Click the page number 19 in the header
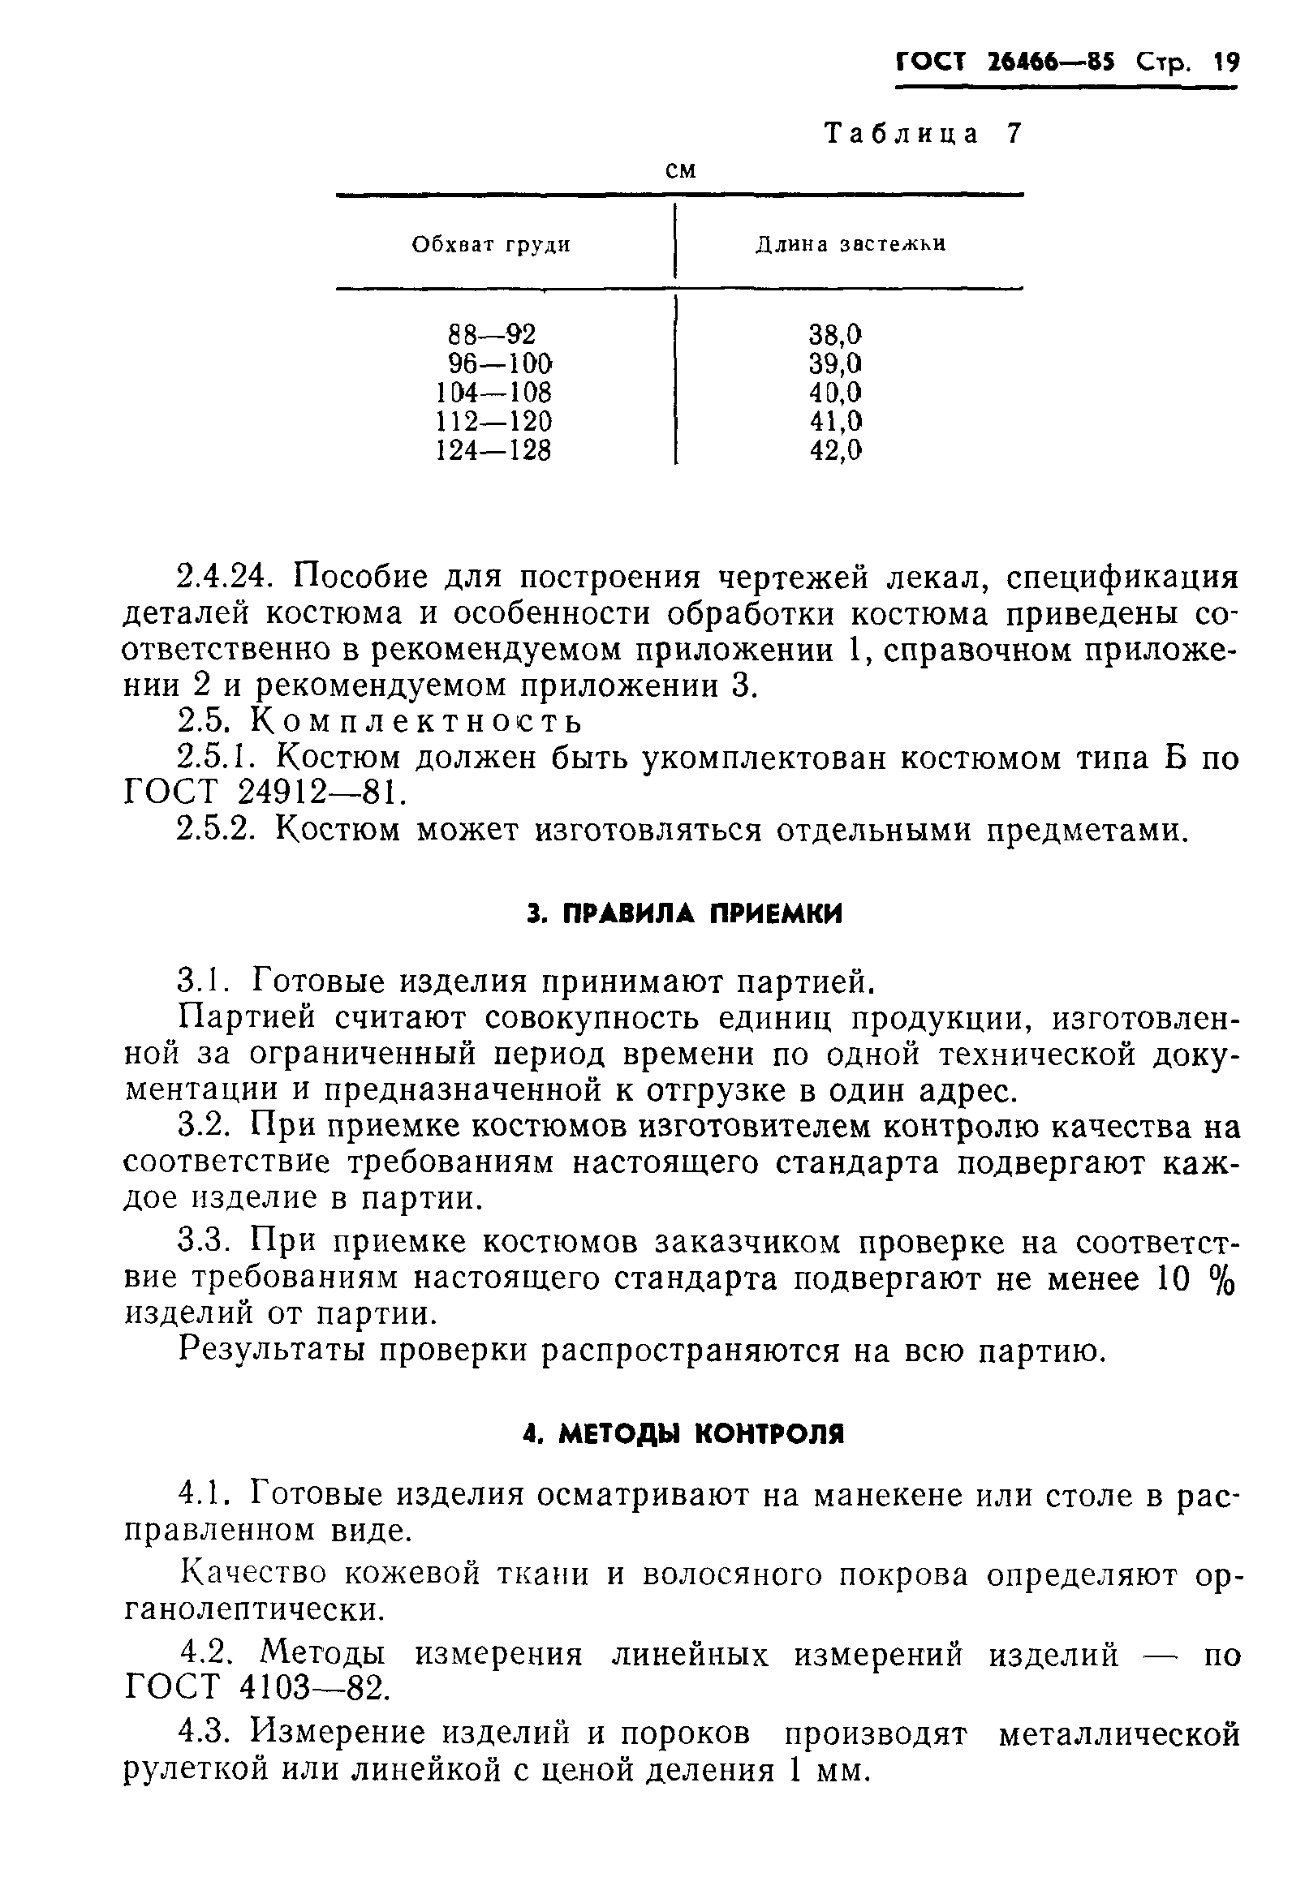(x=1226, y=63)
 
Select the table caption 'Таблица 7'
(x=924, y=134)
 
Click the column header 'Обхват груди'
(x=491, y=245)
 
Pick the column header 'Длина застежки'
(x=850, y=245)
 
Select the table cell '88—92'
(x=492, y=334)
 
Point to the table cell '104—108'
(x=494, y=393)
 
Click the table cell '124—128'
(x=494, y=450)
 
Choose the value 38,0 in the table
(x=836, y=334)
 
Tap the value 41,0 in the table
(x=836, y=422)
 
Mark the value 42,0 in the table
(x=836, y=450)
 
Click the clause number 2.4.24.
(x=223, y=578)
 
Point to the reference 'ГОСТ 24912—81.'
(x=265, y=793)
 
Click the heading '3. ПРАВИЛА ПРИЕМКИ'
(x=683, y=915)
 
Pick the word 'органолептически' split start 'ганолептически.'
(x=254, y=1611)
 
